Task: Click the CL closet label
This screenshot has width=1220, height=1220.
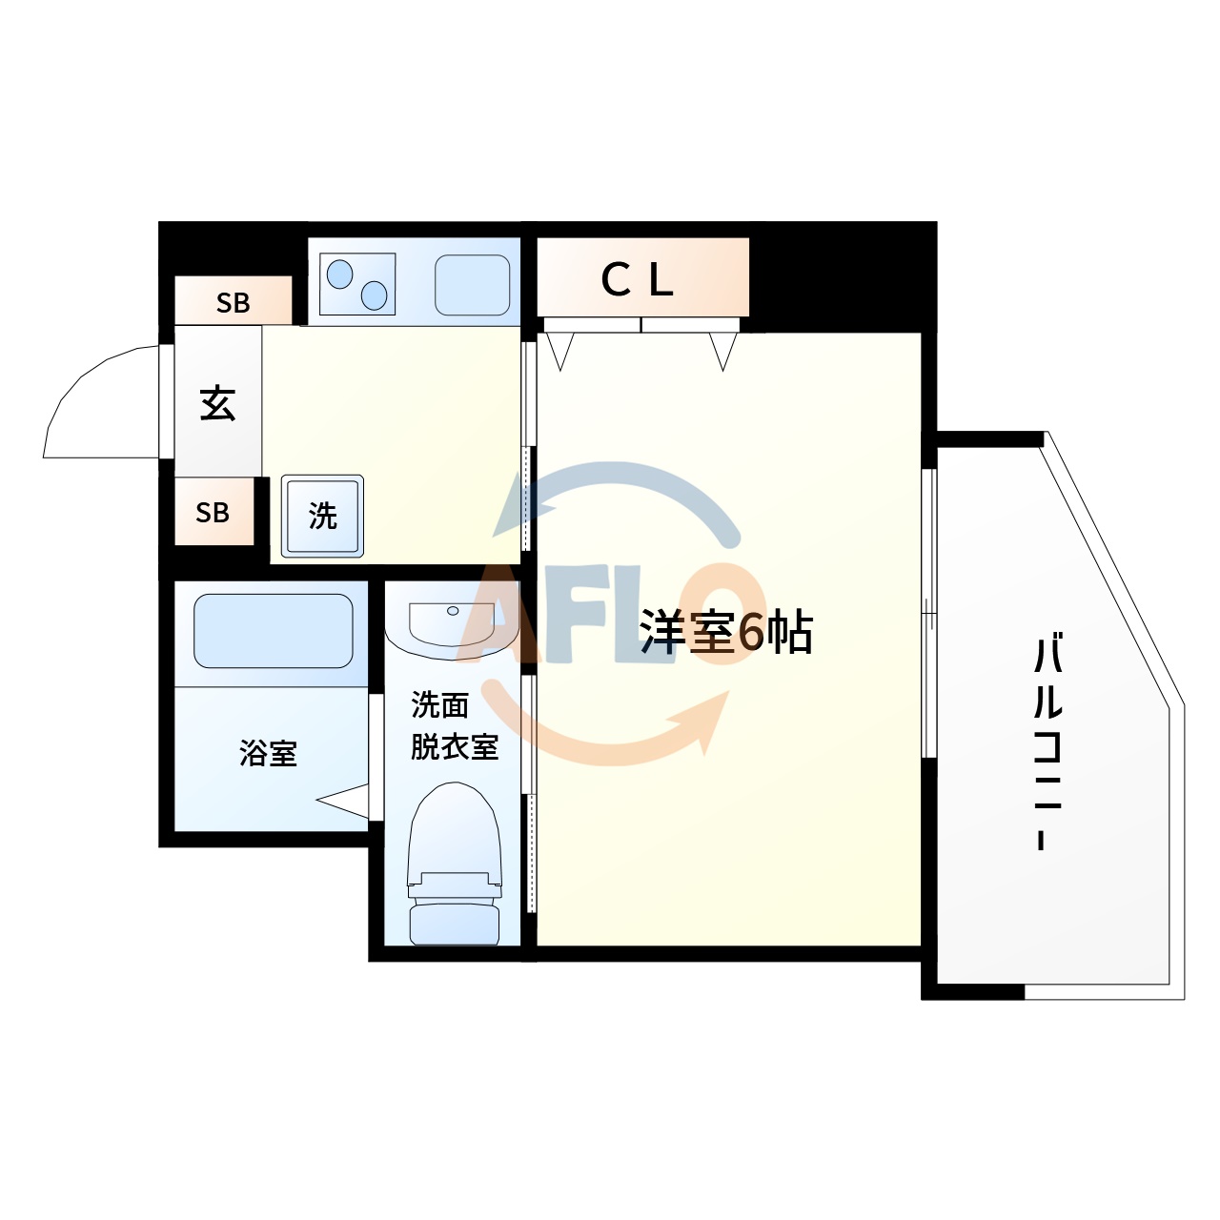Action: pos(638,279)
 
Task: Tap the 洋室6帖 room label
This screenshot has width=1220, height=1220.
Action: pos(725,631)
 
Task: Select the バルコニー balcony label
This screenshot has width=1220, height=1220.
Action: pos(1047,742)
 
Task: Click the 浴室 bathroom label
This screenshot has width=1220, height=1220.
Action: pos(268,754)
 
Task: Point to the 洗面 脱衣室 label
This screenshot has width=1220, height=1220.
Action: pos(454,726)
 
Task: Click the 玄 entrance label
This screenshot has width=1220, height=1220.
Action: pos(217,403)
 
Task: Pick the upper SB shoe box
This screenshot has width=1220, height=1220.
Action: pos(234,302)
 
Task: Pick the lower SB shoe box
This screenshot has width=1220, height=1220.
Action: pos(213,513)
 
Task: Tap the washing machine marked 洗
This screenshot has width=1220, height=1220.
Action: pos(322,516)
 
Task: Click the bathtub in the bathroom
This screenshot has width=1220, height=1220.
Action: pos(274,631)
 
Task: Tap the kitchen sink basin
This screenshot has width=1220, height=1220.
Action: pos(473,284)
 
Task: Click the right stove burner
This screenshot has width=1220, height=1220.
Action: pos(375,295)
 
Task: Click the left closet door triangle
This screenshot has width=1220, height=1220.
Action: pos(560,349)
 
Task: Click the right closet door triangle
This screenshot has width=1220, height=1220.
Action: pos(723,349)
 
